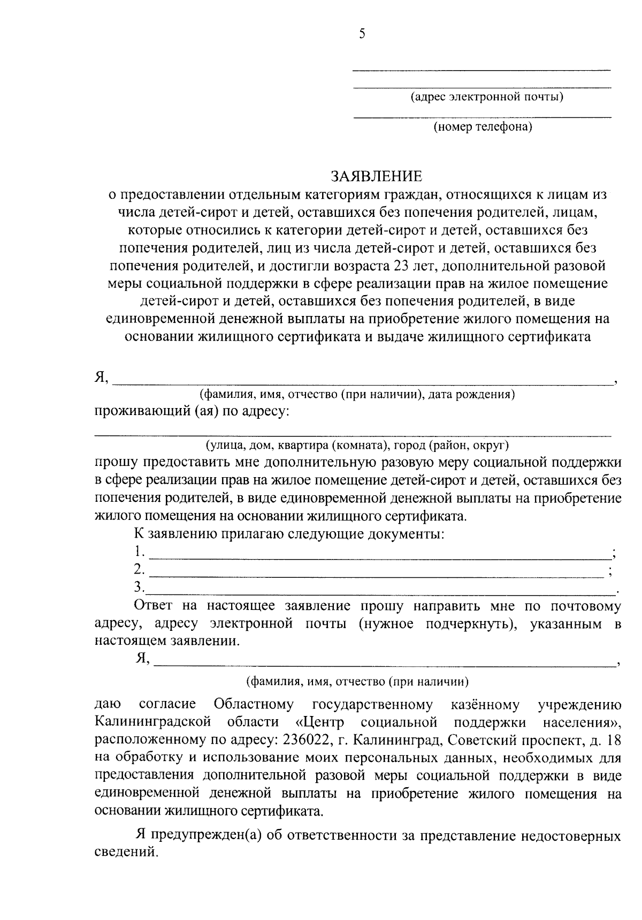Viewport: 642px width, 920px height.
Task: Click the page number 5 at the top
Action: click(x=362, y=34)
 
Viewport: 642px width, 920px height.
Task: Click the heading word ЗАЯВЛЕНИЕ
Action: click(x=376, y=176)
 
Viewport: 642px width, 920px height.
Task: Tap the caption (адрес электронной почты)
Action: click(x=486, y=97)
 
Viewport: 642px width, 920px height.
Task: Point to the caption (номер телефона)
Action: click(x=483, y=127)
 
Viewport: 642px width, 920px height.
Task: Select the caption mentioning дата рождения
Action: click(x=357, y=395)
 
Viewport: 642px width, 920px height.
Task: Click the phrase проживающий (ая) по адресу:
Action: click(x=192, y=411)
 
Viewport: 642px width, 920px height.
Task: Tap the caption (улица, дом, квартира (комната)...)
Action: click(x=357, y=445)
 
